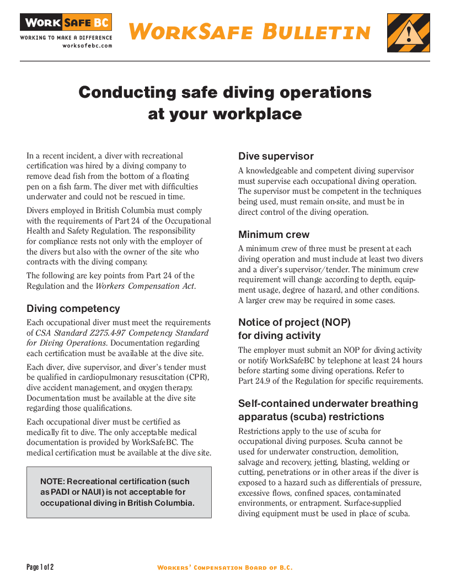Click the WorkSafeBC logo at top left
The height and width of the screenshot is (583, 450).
[66, 23]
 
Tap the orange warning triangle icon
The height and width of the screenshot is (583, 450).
[408, 33]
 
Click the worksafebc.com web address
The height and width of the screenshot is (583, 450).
[87, 46]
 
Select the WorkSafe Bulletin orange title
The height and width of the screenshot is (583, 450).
[250, 31]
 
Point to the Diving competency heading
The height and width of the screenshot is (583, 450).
[73, 309]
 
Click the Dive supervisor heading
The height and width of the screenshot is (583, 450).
[276, 156]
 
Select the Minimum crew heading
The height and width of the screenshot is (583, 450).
[274, 234]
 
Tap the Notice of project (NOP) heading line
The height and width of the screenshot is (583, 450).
[294, 322]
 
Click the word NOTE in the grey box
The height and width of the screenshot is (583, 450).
[52, 481]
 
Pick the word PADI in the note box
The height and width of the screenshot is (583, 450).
[62, 492]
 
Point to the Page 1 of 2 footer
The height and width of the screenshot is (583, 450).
[40, 567]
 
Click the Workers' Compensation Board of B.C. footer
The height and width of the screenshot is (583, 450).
[224, 568]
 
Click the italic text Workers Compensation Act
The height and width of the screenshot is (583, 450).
[145, 286]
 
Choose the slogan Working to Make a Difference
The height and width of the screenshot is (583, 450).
[66, 38]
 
